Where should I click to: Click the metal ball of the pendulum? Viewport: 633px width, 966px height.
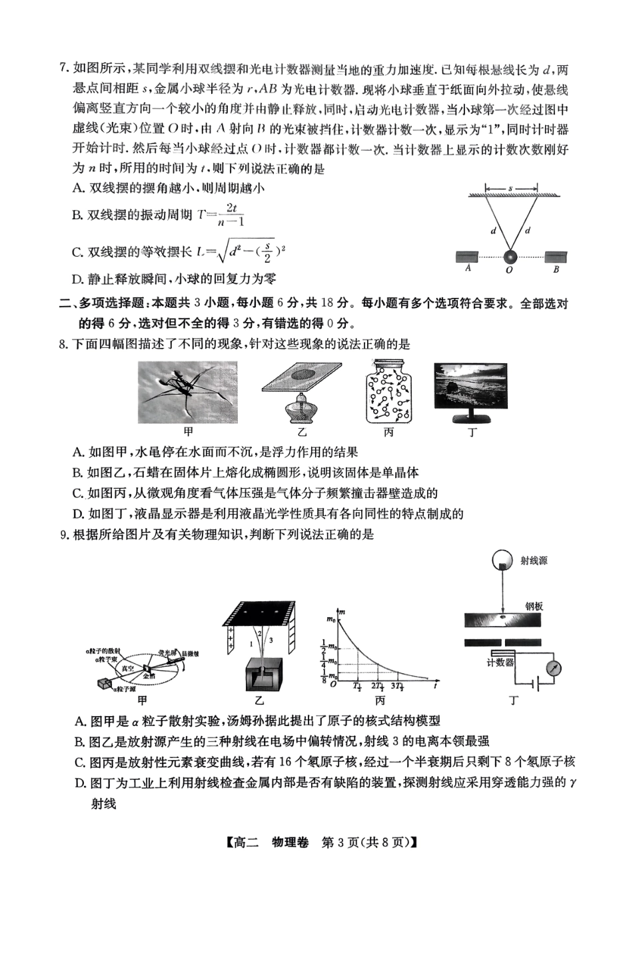(510, 257)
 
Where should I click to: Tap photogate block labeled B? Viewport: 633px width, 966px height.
(556, 257)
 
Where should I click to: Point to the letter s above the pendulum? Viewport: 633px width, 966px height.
(511, 188)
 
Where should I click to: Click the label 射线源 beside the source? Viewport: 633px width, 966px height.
(534, 561)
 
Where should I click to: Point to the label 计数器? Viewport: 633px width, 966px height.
(500, 662)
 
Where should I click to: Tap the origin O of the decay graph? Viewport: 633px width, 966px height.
(333, 683)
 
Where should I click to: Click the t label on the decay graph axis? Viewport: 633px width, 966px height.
(435, 685)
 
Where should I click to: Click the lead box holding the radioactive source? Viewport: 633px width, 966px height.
(261, 675)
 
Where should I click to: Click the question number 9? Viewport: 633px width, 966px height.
(64, 534)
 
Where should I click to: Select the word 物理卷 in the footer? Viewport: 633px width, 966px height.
(291, 841)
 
